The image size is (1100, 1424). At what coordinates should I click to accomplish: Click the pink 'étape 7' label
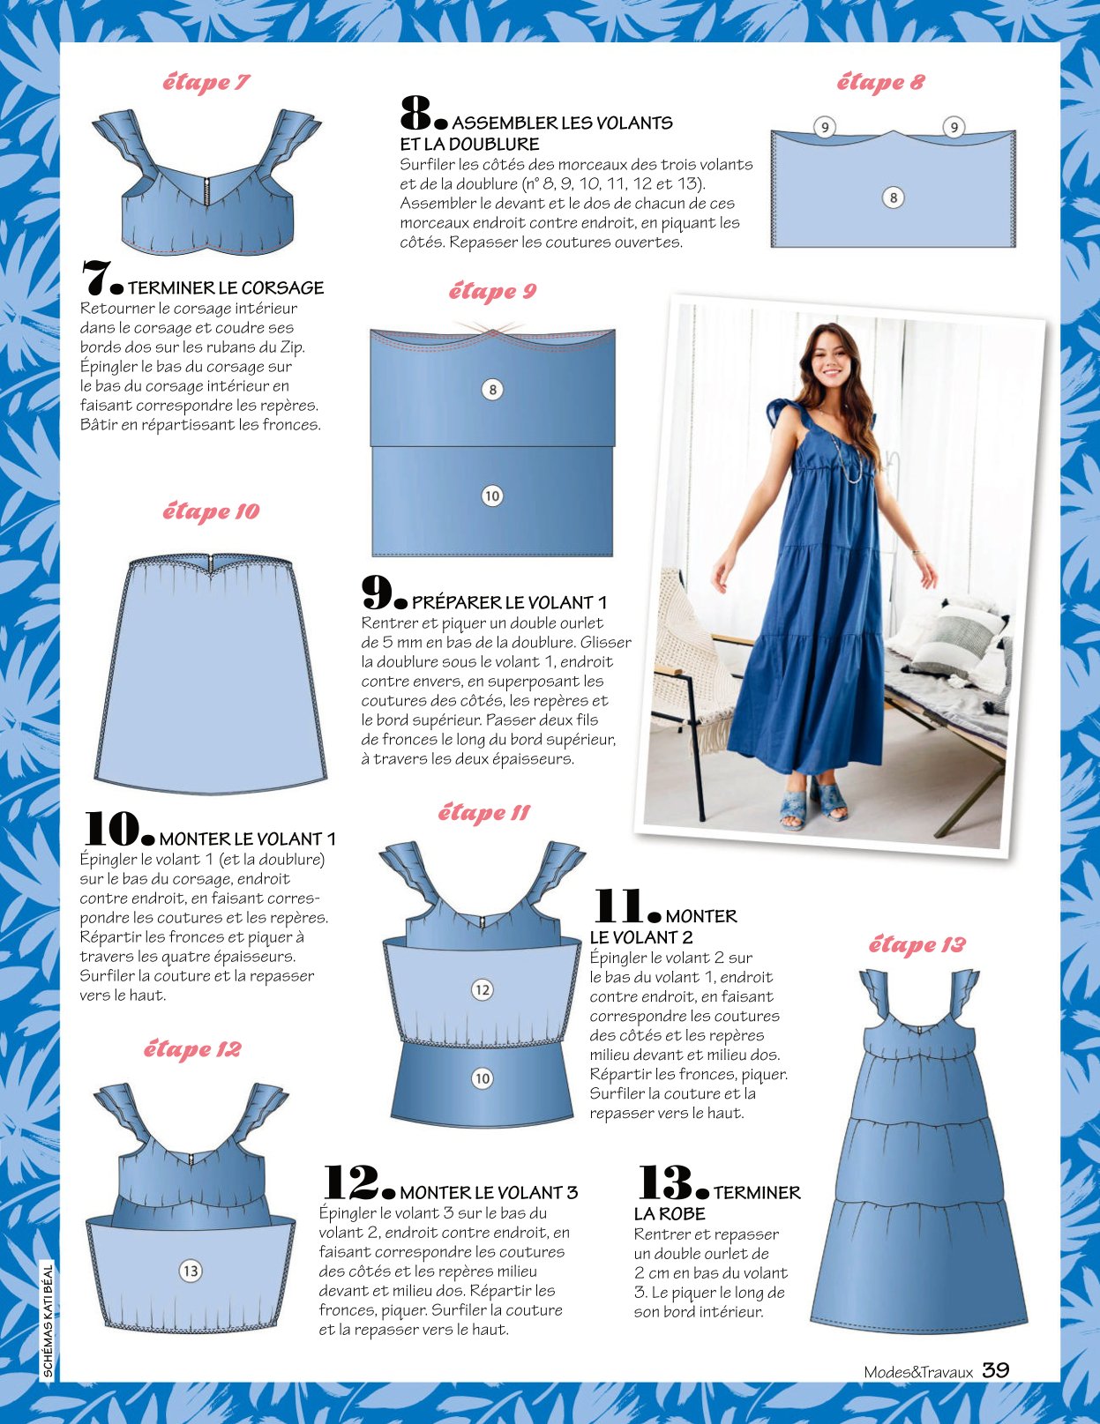206,83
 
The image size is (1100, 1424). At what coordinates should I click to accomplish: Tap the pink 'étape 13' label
917,945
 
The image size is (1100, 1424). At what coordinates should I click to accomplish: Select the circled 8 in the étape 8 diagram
893,198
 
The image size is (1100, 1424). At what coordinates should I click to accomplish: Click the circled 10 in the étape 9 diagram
491,496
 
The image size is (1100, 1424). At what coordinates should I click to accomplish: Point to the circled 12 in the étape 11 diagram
482,989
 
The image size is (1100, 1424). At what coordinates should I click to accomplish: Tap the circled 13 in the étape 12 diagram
191,1271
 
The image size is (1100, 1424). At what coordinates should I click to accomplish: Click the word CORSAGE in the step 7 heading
282,287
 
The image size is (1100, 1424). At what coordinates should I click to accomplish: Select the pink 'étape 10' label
211,511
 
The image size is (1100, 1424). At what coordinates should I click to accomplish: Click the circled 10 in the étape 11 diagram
482,1078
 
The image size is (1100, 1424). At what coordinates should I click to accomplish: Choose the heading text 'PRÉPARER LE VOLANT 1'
509,602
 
